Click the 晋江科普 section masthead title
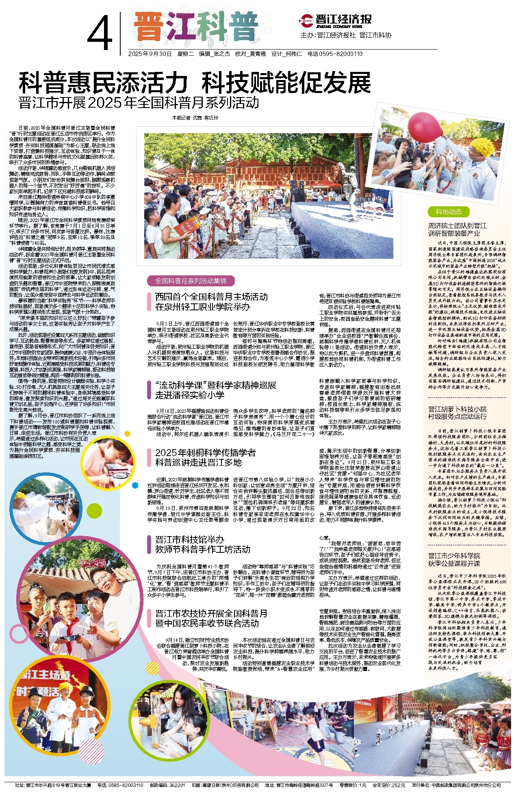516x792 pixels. coord(196,27)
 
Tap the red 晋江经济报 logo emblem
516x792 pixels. coord(306,19)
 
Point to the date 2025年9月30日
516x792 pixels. coord(150,54)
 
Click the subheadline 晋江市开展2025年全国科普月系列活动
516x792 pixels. coord(139,102)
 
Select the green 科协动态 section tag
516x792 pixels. coord(449,212)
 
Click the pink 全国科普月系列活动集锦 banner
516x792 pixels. coord(191,281)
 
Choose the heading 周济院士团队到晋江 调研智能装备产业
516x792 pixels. coord(457,229)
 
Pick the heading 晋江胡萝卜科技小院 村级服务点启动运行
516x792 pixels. coord(457,413)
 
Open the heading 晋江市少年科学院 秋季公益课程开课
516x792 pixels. coord(454,560)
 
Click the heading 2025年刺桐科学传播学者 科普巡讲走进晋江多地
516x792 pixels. coord(206,457)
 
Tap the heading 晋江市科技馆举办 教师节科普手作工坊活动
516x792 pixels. coord(203,545)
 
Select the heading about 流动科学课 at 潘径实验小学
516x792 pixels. coord(216,390)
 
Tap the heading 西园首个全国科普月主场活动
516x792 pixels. coord(211,297)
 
